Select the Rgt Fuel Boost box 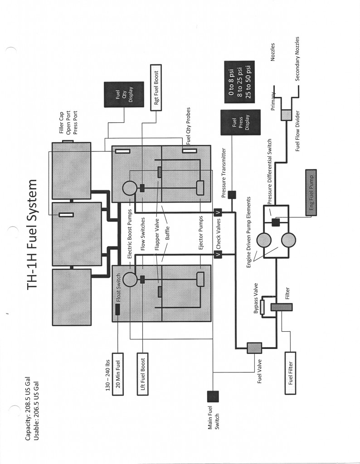(156, 87)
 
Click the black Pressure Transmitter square (232, 195)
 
